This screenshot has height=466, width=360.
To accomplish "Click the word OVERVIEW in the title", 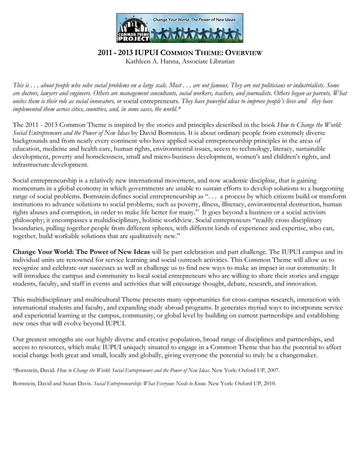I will coord(240,52).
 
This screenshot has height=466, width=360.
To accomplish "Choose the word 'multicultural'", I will coord(95,299).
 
